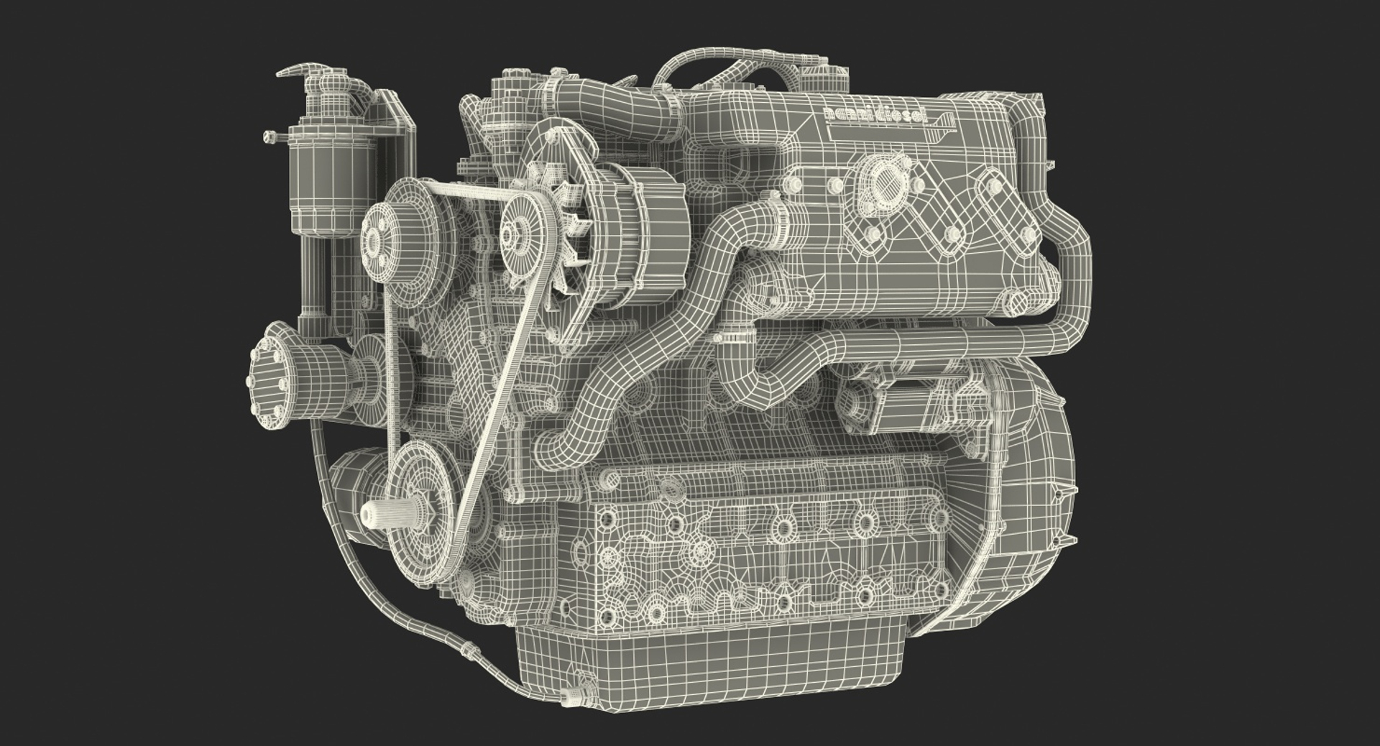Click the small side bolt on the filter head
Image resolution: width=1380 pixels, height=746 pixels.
pos(269,135)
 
